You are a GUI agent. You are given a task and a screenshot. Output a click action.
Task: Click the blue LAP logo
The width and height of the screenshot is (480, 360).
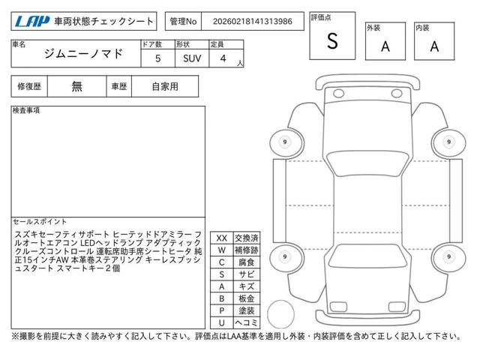coord(32,22)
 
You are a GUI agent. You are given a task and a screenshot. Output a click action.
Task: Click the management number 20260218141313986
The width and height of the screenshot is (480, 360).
coord(253,22)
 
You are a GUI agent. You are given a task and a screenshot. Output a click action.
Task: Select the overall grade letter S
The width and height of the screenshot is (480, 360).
coord(332,40)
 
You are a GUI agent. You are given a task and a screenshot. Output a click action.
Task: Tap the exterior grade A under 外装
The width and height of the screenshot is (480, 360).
coord(385,46)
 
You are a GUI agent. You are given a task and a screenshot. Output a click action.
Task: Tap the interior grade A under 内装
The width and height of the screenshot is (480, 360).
coord(434,46)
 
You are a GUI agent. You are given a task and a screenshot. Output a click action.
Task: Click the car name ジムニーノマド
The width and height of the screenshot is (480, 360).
coord(83,54)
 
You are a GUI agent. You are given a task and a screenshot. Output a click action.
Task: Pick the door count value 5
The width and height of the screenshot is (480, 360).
coord(158,58)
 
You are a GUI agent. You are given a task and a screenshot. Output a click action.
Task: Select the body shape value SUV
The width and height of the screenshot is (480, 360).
coord(192,58)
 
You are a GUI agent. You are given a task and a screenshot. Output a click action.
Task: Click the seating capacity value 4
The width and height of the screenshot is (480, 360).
coord(223,58)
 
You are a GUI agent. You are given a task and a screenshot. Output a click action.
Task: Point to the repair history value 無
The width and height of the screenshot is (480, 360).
coord(76,87)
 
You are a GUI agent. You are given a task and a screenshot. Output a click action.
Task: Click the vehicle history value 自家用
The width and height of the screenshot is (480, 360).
coord(165,87)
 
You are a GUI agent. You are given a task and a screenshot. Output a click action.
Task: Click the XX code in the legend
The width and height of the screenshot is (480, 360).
coord(222,238)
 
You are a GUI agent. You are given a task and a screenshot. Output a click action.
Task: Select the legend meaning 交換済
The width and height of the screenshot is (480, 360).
coord(247,238)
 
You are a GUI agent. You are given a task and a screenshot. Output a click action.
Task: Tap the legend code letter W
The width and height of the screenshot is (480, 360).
coord(222,250)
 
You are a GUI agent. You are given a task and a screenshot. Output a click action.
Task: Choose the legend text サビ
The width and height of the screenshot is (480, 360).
coord(247,274)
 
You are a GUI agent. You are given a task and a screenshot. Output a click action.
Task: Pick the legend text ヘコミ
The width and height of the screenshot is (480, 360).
coord(247,322)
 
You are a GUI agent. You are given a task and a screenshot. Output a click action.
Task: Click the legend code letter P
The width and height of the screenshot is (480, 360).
coord(222,310)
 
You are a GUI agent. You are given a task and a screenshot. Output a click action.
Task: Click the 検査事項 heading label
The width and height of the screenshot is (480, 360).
coord(26,110)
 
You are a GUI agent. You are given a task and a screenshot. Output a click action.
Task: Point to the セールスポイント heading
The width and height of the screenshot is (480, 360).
coord(40,221)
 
